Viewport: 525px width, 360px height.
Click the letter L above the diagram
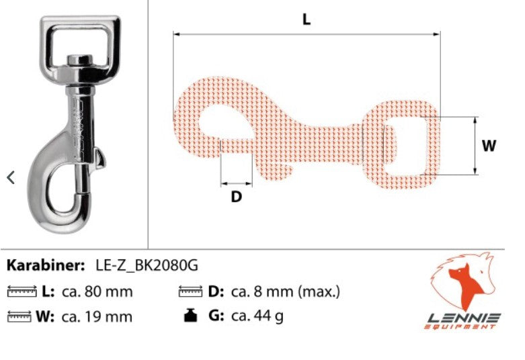pyautogui.click(x=307, y=19)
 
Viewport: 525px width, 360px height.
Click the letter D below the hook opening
pyautogui.click(x=237, y=197)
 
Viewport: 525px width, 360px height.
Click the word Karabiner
pyautogui.click(x=46, y=265)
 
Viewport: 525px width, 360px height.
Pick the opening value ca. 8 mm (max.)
pyautogui.click(x=286, y=291)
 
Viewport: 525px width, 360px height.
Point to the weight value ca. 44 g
pyautogui.click(x=257, y=316)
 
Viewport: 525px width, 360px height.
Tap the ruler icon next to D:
pyautogui.click(x=191, y=292)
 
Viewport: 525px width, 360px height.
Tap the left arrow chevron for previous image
pyautogui.click(x=11, y=177)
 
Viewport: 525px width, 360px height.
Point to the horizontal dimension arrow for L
pyautogui.click(x=307, y=32)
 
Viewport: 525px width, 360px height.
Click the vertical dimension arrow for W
pyautogui.click(x=475, y=146)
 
